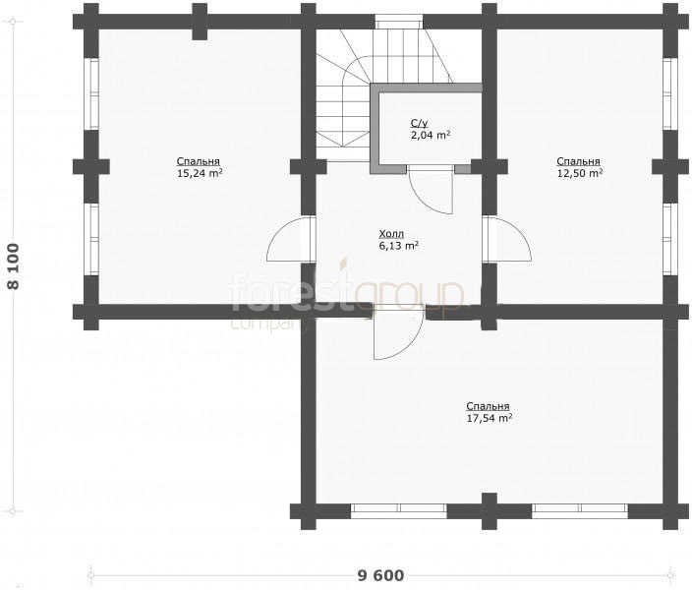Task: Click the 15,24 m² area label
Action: [200, 173]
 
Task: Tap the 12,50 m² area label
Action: [580, 173]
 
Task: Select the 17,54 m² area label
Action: [490, 418]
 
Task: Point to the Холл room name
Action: [391, 234]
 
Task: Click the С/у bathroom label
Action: [419, 123]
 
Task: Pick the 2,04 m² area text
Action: [431, 135]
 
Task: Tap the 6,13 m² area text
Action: [398, 246]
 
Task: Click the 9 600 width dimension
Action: [380, 575]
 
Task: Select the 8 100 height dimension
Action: [14, 266]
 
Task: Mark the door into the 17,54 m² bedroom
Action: [398, 332]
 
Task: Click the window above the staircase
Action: [399, 22]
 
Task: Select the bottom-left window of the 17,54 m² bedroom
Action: [399, 511]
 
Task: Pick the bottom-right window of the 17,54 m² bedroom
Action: [580, 511]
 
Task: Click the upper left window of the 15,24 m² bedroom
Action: [91, 94]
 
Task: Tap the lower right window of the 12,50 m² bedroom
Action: [670, 239]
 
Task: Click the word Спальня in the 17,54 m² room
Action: [488, 406]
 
